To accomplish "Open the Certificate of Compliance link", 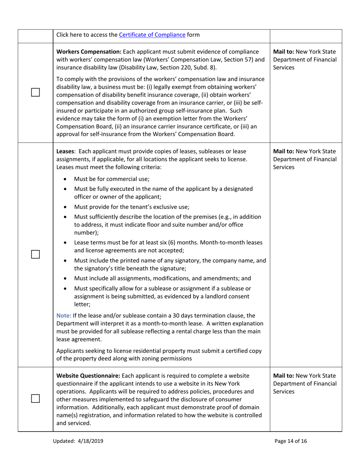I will click(152, 35).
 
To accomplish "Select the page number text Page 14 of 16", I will click(293, 441).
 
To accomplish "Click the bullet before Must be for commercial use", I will click(66, 180).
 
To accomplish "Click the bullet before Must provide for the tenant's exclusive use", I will click(66, 207).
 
